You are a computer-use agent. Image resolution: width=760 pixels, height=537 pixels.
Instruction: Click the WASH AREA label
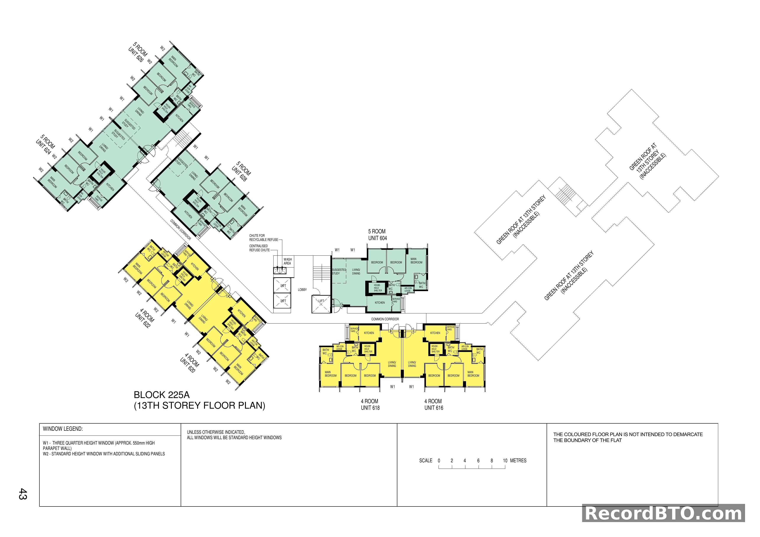pos(287,261)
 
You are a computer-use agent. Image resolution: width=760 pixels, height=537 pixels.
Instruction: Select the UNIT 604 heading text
pos(377,238)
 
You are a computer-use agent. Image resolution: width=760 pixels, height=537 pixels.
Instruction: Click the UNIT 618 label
pos(370,408)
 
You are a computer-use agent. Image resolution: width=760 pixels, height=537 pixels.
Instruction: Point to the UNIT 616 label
pos(434,408)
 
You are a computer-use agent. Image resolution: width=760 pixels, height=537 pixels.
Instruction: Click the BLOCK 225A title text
pos(162,395)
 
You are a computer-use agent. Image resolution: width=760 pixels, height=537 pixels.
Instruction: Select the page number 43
pos(23,494)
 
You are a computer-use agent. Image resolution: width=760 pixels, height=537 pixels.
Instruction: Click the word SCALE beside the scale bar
pos(426,461)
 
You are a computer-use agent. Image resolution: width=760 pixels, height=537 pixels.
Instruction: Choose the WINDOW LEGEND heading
pos(63,429)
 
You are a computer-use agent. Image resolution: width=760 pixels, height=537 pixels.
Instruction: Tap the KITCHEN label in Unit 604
pos(380,303)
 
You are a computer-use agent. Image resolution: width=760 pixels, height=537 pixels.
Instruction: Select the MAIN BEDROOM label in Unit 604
pos(416,261)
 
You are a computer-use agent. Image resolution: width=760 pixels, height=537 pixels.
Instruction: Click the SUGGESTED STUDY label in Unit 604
pos(339,271)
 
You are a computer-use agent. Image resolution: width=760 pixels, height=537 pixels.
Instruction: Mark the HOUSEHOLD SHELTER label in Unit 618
pos(368,349)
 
